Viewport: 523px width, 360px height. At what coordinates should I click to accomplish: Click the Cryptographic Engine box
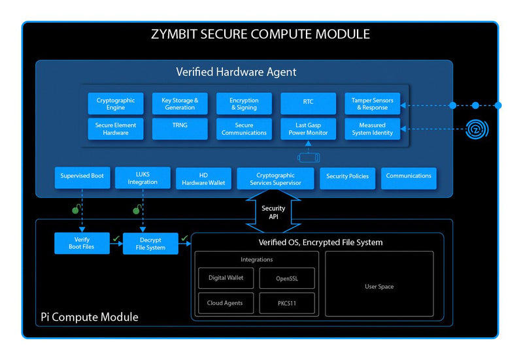(x=116, y=104)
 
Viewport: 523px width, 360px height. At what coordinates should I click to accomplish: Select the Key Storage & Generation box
(x=180, y=104)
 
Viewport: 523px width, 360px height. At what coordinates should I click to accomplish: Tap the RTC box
(x=308, y=104)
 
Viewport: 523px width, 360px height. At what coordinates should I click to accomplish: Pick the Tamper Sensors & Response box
(x=372, y=104)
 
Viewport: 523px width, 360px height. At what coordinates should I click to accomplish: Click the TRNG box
(x=180, y=129)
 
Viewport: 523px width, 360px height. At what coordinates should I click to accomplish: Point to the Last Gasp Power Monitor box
(x=308, y=129)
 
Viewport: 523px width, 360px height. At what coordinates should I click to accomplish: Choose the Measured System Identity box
(x=372, y=129)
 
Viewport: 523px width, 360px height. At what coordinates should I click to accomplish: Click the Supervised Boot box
(x=82, y=176)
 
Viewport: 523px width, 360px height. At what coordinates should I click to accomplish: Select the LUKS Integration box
(x=143, y=178)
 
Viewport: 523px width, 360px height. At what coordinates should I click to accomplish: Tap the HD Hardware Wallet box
(x=203, y=178)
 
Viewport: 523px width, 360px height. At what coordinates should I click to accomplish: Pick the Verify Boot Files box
(x=82, y=243)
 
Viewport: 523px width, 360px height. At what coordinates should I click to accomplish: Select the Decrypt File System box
(x=150, y=244)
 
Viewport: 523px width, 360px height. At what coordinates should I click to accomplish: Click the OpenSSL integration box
(x=287, y=278)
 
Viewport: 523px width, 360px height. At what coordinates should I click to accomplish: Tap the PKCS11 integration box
(x=287, y=303)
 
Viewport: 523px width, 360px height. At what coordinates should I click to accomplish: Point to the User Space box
(x=379, y=287)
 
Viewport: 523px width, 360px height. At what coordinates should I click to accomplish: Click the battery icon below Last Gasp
(x=308, y=157)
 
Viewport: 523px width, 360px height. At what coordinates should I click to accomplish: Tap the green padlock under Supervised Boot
(x=76, y=210)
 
